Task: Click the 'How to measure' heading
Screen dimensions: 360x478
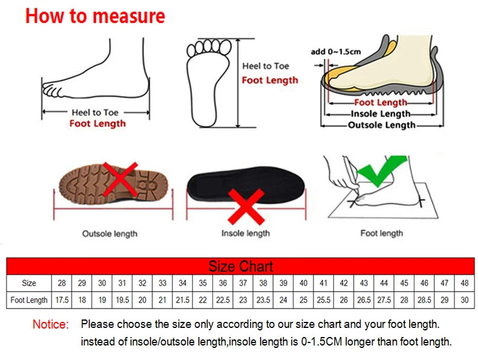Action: click(x=95, y=16)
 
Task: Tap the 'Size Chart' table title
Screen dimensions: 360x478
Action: click(x=241, y=266)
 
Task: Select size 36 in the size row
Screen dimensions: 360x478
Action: click(x=223, y=283)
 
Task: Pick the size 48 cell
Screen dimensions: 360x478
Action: click(x=465, y=283)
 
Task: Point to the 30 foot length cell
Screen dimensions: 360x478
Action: click(x=465, y=300)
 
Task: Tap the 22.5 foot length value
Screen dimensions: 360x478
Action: click(x=223, y=300)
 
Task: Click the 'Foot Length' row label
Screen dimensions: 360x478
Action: click(x=29, y=300)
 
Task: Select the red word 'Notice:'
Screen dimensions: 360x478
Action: click(x=51, y=325)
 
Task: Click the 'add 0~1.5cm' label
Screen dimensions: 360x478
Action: click(x=336, y=51)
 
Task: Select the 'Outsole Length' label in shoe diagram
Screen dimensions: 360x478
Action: click(x=381, y=125)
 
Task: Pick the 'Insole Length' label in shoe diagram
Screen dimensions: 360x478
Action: click(x=381, y=114)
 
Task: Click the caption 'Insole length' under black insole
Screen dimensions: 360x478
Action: click(x=245, y=233)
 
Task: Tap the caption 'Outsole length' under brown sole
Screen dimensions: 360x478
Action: click(x=110, y=233)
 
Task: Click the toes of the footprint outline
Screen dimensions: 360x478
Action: click(x=209, y=46)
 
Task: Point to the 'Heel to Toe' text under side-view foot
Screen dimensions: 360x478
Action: click(x=95, y=112)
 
